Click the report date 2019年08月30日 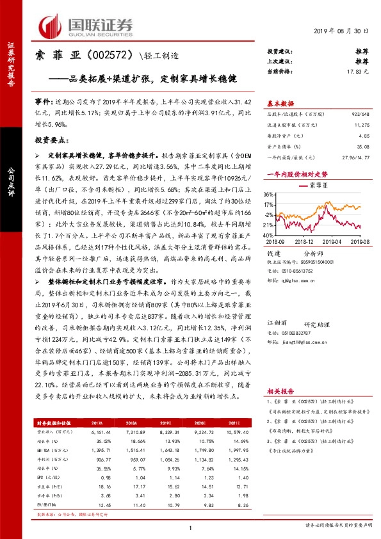(x=342, y=32)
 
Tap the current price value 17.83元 (x=358, y=72)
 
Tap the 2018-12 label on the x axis (x=307, y=242)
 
